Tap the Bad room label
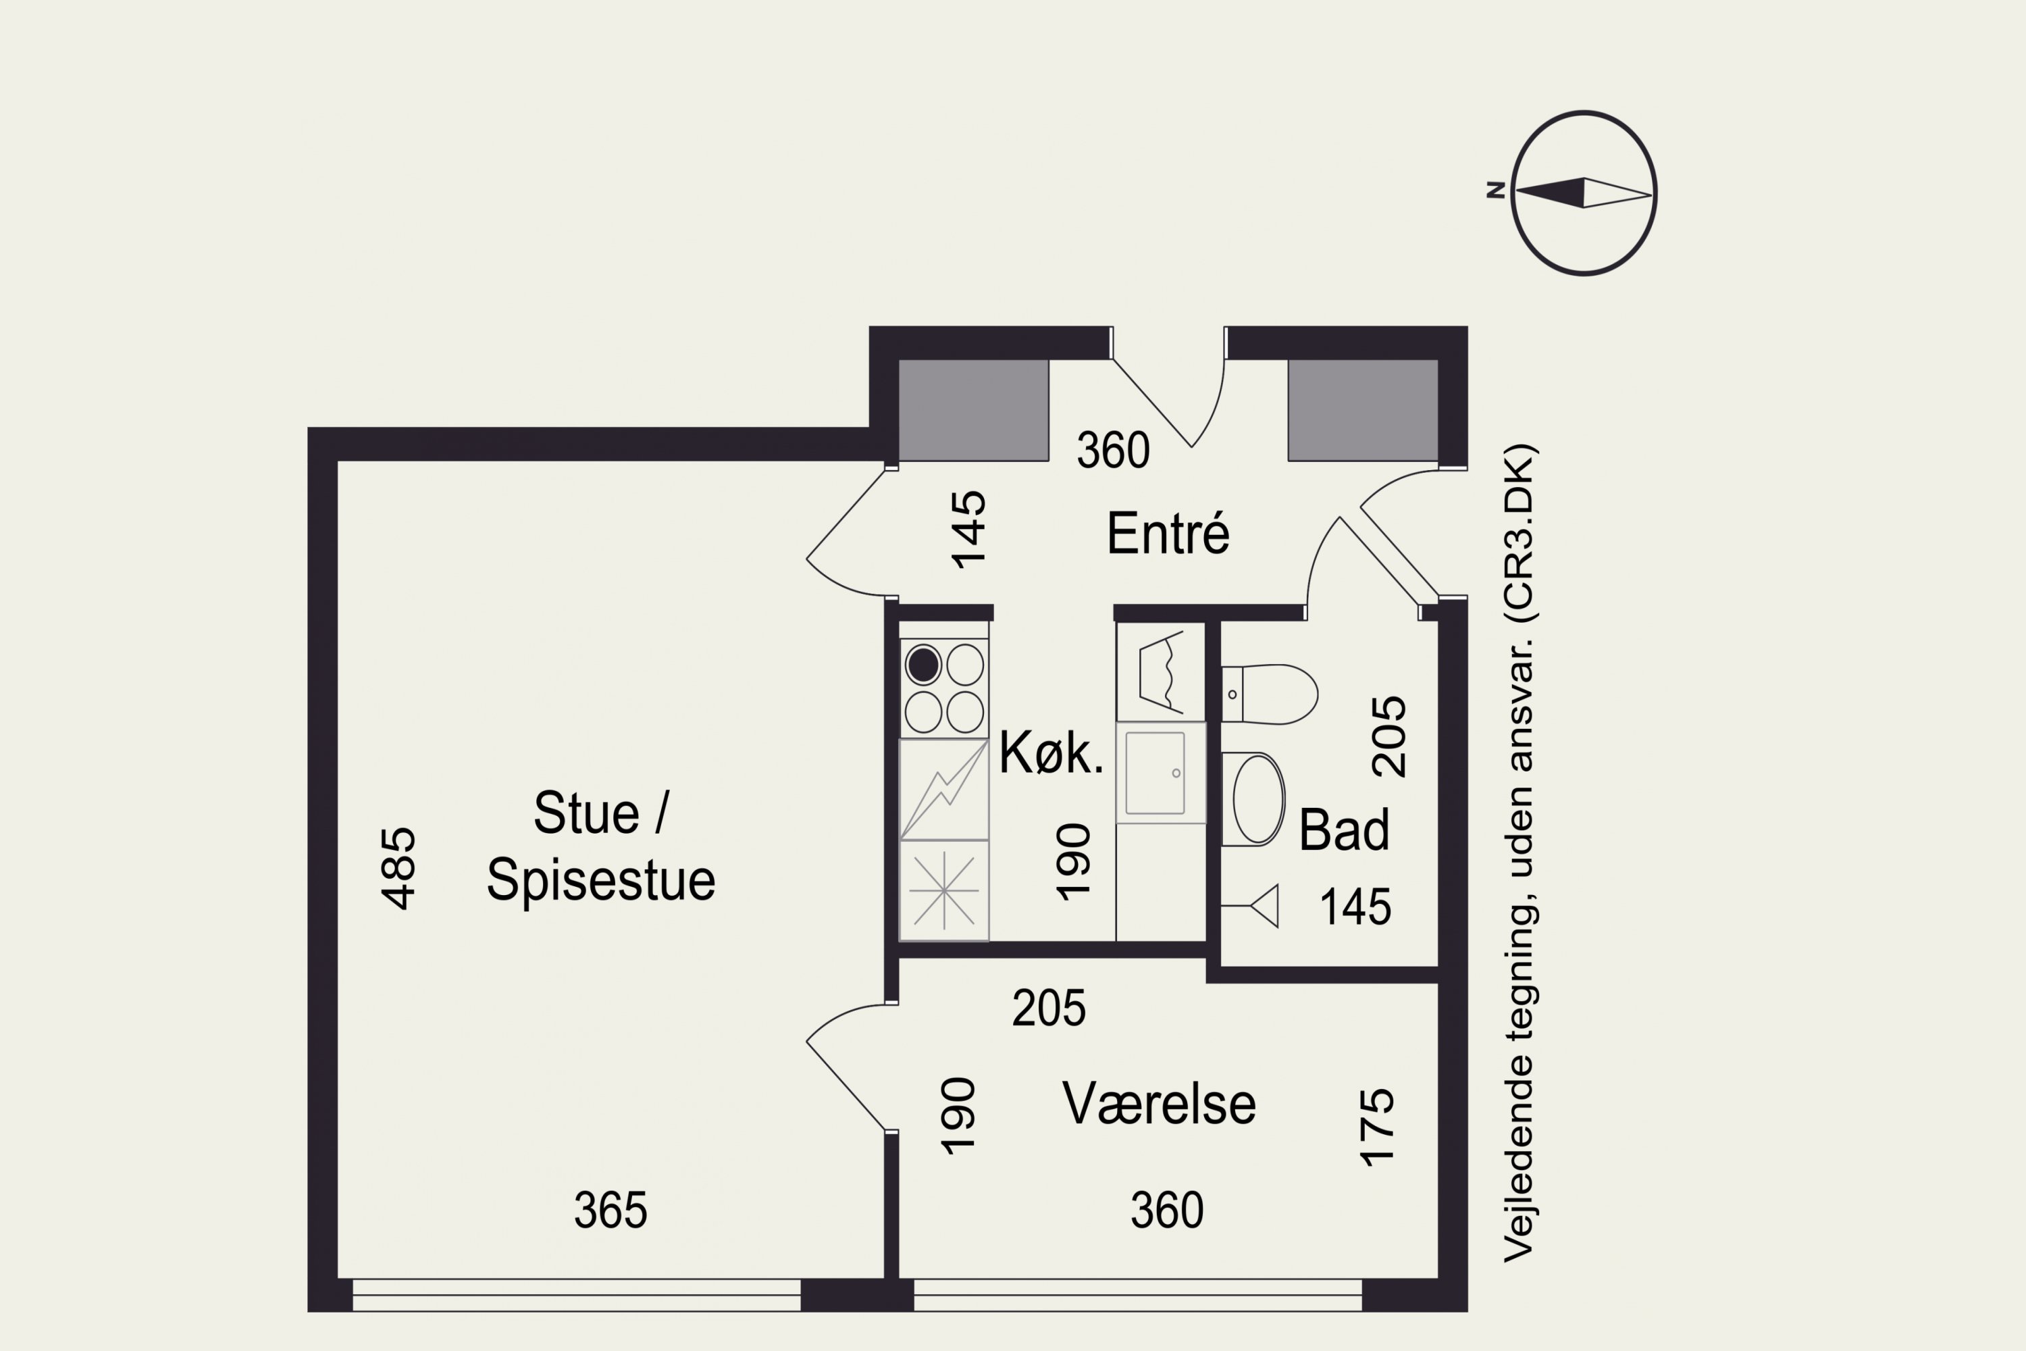click(1344, 831)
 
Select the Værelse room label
click(1159, 1104)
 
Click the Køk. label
click(1051, 753)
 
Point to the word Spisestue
click(600, 881)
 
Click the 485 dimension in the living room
click(398, 869)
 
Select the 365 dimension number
click(610, 1210)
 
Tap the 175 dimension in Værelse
click(1376, 1128)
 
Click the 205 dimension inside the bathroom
click(1388, 737)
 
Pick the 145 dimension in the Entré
click(968, 530)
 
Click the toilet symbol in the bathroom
click(1270, 694)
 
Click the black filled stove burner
click(923, 665)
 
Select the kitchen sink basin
click(1154, 773)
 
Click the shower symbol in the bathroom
click(1263, 906)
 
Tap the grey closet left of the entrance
click(973, 410)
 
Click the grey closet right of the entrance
click(1363, 410)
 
